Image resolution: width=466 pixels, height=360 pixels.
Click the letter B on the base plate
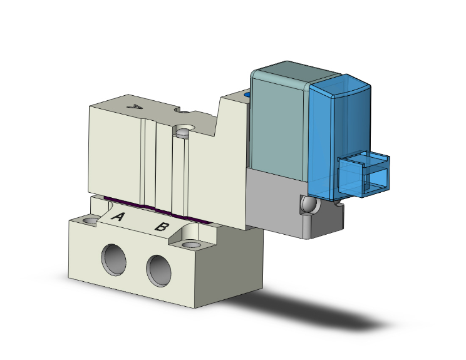[x=161, y=226]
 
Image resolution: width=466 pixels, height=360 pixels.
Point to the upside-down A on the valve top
[x=133, y=107]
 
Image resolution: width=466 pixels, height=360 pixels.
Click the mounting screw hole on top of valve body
[x=183, y=132]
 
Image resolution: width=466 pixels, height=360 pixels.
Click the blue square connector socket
[x=364, y=173]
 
